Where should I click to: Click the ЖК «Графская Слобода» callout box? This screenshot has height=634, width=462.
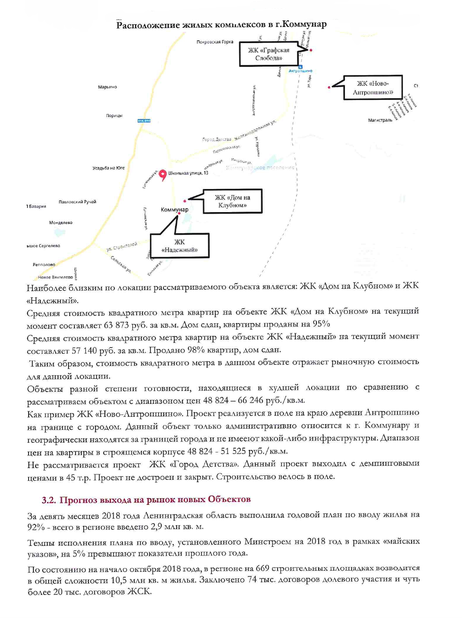coord(269,54)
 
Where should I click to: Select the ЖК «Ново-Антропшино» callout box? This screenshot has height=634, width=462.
coord(373,88)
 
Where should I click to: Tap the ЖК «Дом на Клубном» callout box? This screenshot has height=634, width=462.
coord(233,201)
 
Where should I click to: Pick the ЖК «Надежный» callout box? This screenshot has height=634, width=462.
coord(180,246)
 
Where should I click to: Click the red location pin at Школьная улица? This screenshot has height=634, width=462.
coord(163,174)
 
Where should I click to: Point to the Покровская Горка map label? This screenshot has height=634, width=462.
coord(215,42)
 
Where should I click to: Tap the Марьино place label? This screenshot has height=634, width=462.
coord(107,87)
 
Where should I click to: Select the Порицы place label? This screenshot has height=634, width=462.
coord(114,115)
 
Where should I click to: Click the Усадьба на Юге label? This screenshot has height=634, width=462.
coord(108,168)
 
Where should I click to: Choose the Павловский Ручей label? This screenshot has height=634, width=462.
coord(77,202)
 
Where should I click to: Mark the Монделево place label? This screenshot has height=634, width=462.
coord(61,223)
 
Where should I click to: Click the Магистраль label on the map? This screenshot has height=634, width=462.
coord(380,120)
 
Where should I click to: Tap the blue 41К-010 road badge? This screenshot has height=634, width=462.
coord(144,121)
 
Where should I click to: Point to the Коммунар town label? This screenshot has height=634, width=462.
coord(174,210)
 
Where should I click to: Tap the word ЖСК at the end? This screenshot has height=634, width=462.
coord(139,591)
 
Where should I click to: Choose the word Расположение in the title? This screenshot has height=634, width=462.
coord(148,25)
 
